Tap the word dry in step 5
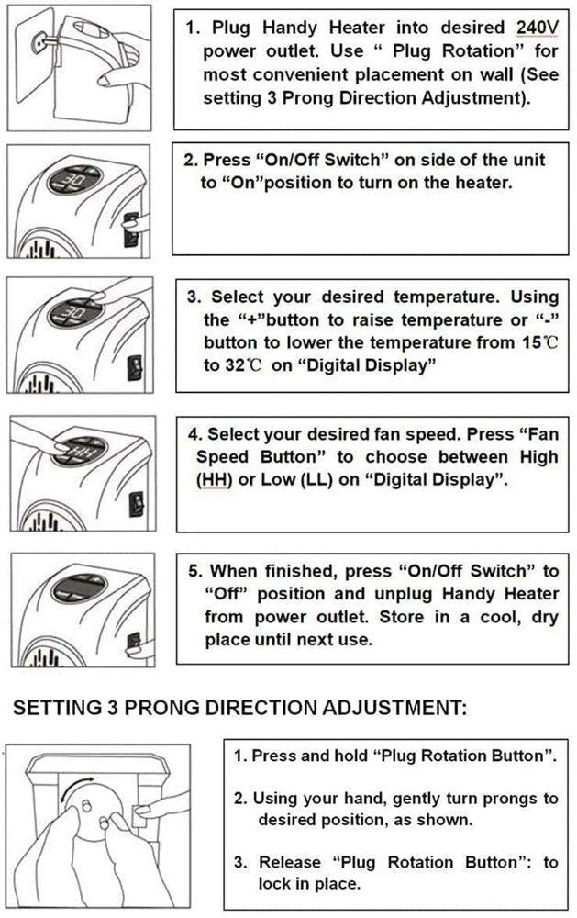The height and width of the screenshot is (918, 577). [x=544, y=616]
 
